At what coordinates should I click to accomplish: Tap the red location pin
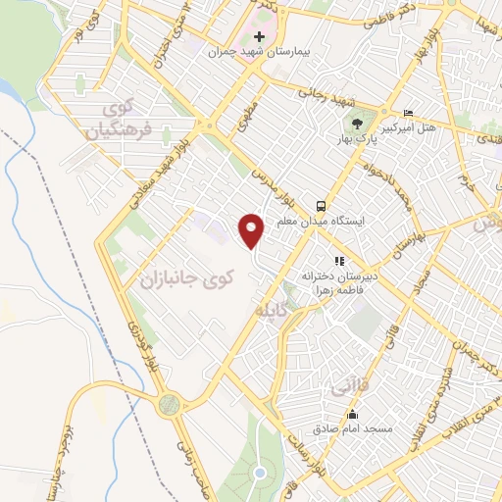point(253,230)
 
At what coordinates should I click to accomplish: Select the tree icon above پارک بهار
point(358,125)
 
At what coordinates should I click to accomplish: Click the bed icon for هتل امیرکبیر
point(409,114)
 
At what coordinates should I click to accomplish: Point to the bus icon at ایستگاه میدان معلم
point(322,205)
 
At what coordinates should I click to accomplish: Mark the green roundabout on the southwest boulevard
point(171,402)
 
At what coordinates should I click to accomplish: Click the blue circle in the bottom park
point(260,474)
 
